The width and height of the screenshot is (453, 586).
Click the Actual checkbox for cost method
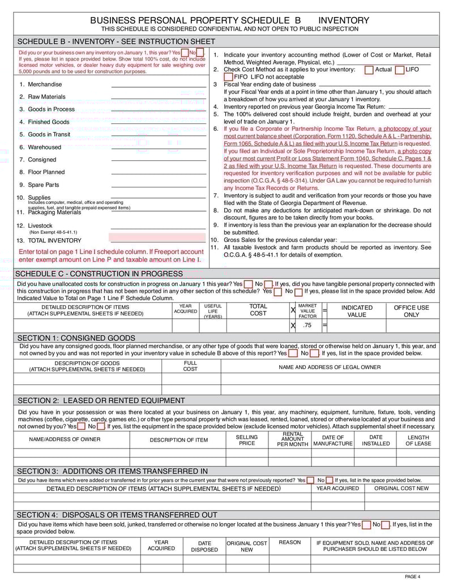[369, 70]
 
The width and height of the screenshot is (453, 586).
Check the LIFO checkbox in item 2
[400, 70]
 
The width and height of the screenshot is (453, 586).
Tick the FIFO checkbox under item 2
[229, 77]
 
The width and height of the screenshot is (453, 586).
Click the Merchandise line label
[45, 84]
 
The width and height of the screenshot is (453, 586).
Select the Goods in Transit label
[49, 135]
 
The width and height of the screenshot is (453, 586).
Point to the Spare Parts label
[44, 185]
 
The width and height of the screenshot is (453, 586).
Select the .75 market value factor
[307, 326]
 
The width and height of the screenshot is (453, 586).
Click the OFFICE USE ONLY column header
[412, 311]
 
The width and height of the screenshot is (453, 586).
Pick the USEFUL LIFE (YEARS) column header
[213, 311]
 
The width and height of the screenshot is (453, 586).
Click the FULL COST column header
[190, 366]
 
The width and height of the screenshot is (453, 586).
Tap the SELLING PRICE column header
[247, 440]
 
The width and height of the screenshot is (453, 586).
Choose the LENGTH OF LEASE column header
[418, 440]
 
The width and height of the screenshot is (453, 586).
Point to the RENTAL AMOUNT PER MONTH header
[292, 439]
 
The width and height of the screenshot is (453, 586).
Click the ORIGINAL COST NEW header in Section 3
[401, 489]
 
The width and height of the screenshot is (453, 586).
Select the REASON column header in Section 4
[290, 542]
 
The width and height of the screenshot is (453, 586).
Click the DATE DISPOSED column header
[204, 546]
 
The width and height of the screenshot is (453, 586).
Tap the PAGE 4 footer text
[413, 577]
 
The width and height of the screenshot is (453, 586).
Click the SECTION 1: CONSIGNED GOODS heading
[76, 338]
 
